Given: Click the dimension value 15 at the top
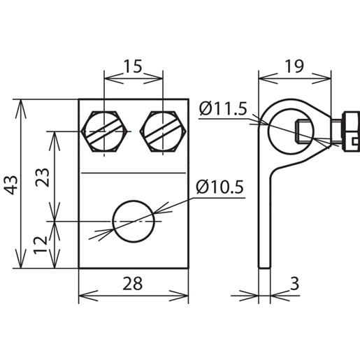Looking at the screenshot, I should [134, 67].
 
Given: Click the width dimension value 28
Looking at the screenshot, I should [133, 283].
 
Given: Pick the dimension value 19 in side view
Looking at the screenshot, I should [294, 67].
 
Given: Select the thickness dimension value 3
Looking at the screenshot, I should [295, 283].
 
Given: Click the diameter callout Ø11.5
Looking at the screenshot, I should [222, 109].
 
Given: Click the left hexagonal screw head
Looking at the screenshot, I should [104, 131].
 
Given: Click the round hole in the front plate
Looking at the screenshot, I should [133, 222].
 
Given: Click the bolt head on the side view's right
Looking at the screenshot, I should [343, 132].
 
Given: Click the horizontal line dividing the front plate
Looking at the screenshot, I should [133, 172].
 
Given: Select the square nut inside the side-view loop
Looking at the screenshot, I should [302, 130].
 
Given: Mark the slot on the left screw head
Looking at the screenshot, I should [104, 131].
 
